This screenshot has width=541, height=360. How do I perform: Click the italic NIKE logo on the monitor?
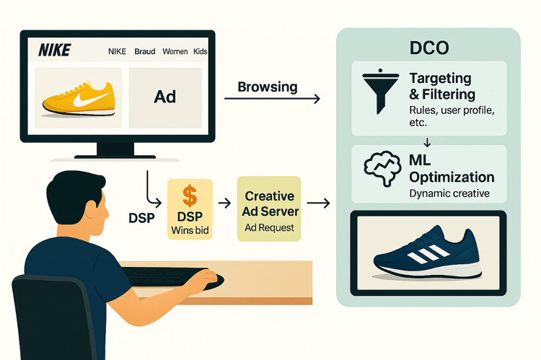tap(54, 51)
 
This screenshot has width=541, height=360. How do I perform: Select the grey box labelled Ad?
tap(165, 97)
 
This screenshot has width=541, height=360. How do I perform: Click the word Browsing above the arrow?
tap(267, 87)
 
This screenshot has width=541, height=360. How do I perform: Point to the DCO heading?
tap(429, 48)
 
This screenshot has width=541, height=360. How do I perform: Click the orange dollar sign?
tap(190, 196)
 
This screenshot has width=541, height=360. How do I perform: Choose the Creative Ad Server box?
tap(269, 210)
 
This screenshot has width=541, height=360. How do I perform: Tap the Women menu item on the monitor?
tap(175, 51)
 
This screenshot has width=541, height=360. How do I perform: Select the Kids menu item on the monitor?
tap(201, 51)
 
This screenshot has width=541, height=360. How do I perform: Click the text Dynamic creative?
tap(449, 193)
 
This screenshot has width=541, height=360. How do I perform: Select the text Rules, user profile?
tap(447, 111)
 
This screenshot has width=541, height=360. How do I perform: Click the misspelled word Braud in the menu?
tap(144, 51)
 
